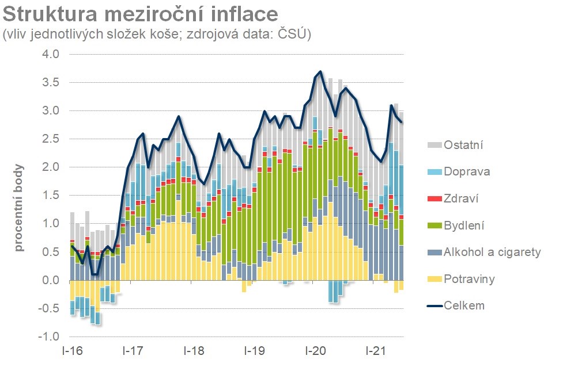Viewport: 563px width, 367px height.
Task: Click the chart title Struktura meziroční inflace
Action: click(x=141, y=14)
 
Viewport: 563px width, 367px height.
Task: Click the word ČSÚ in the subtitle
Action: click(x=292, y=35)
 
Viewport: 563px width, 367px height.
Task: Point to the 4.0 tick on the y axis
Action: click(x=52, y=54)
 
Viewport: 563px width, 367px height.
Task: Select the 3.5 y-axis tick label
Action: click(x=52, y=82)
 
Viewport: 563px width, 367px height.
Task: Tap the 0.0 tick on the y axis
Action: click(x=52, y=281)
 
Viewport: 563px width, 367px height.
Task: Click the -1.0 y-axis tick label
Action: click(x=50, y=337)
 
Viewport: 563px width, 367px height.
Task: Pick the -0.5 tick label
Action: click(x=50, y=309)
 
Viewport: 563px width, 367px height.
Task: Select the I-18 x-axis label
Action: click(x=194, y=350)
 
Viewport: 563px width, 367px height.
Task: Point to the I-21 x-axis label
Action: click(x=376, y=350)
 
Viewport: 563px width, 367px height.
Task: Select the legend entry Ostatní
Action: click(x=463, y=145)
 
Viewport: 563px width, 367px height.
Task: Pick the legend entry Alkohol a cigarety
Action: click(x=492, y=252)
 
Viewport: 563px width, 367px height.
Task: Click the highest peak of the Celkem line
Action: click(x=320, y=71)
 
